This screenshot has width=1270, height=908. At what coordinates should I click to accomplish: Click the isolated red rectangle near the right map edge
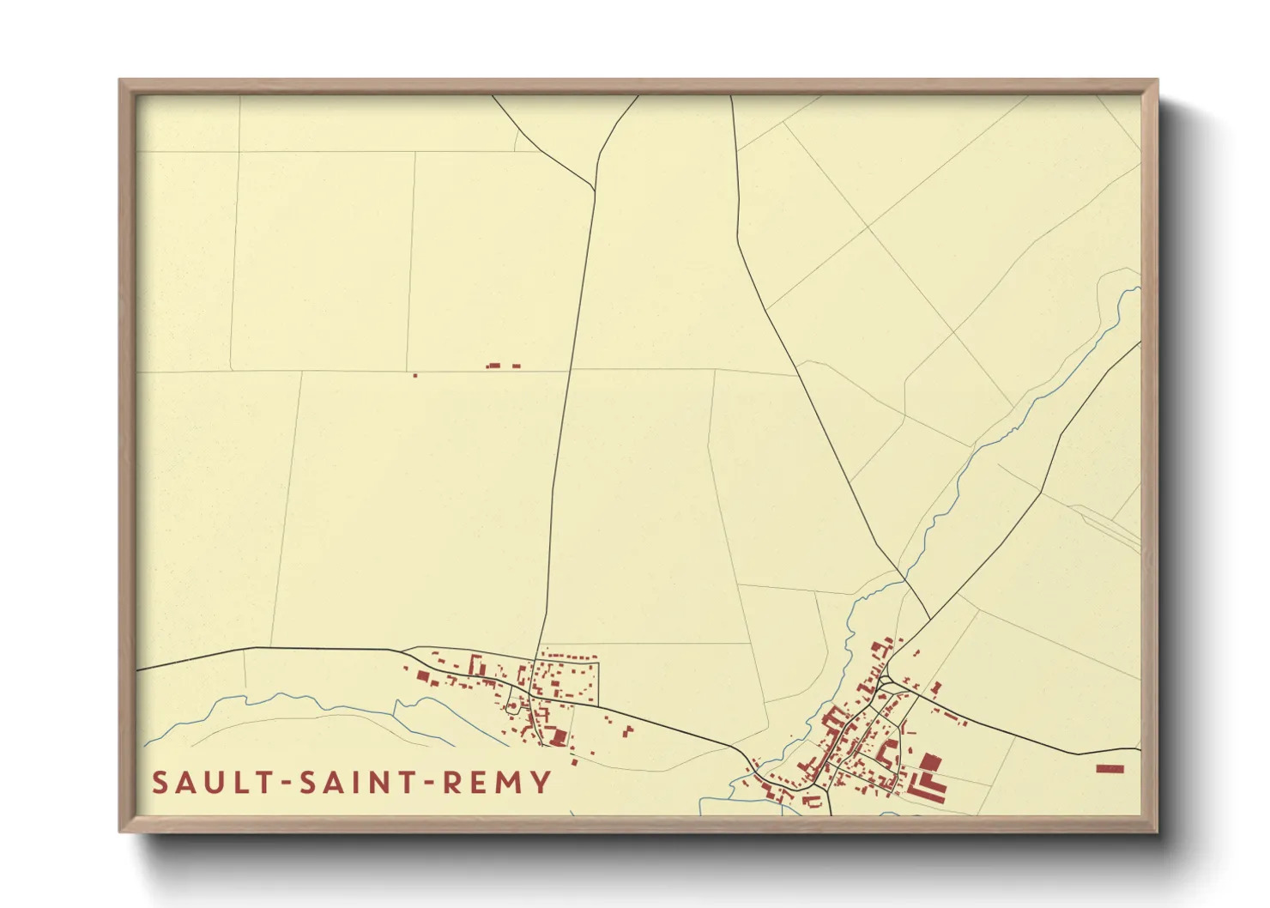tap(1110, 769)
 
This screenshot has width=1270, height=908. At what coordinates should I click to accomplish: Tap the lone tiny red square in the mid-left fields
tap(415, 375)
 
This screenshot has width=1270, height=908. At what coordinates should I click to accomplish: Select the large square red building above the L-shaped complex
tap(930, 761)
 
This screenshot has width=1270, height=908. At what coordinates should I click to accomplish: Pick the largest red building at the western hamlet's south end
tap(559, 736)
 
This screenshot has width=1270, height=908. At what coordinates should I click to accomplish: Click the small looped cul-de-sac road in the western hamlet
tap(513, 705)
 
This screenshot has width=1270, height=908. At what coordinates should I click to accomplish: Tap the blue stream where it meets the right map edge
tap(1138, 288)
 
